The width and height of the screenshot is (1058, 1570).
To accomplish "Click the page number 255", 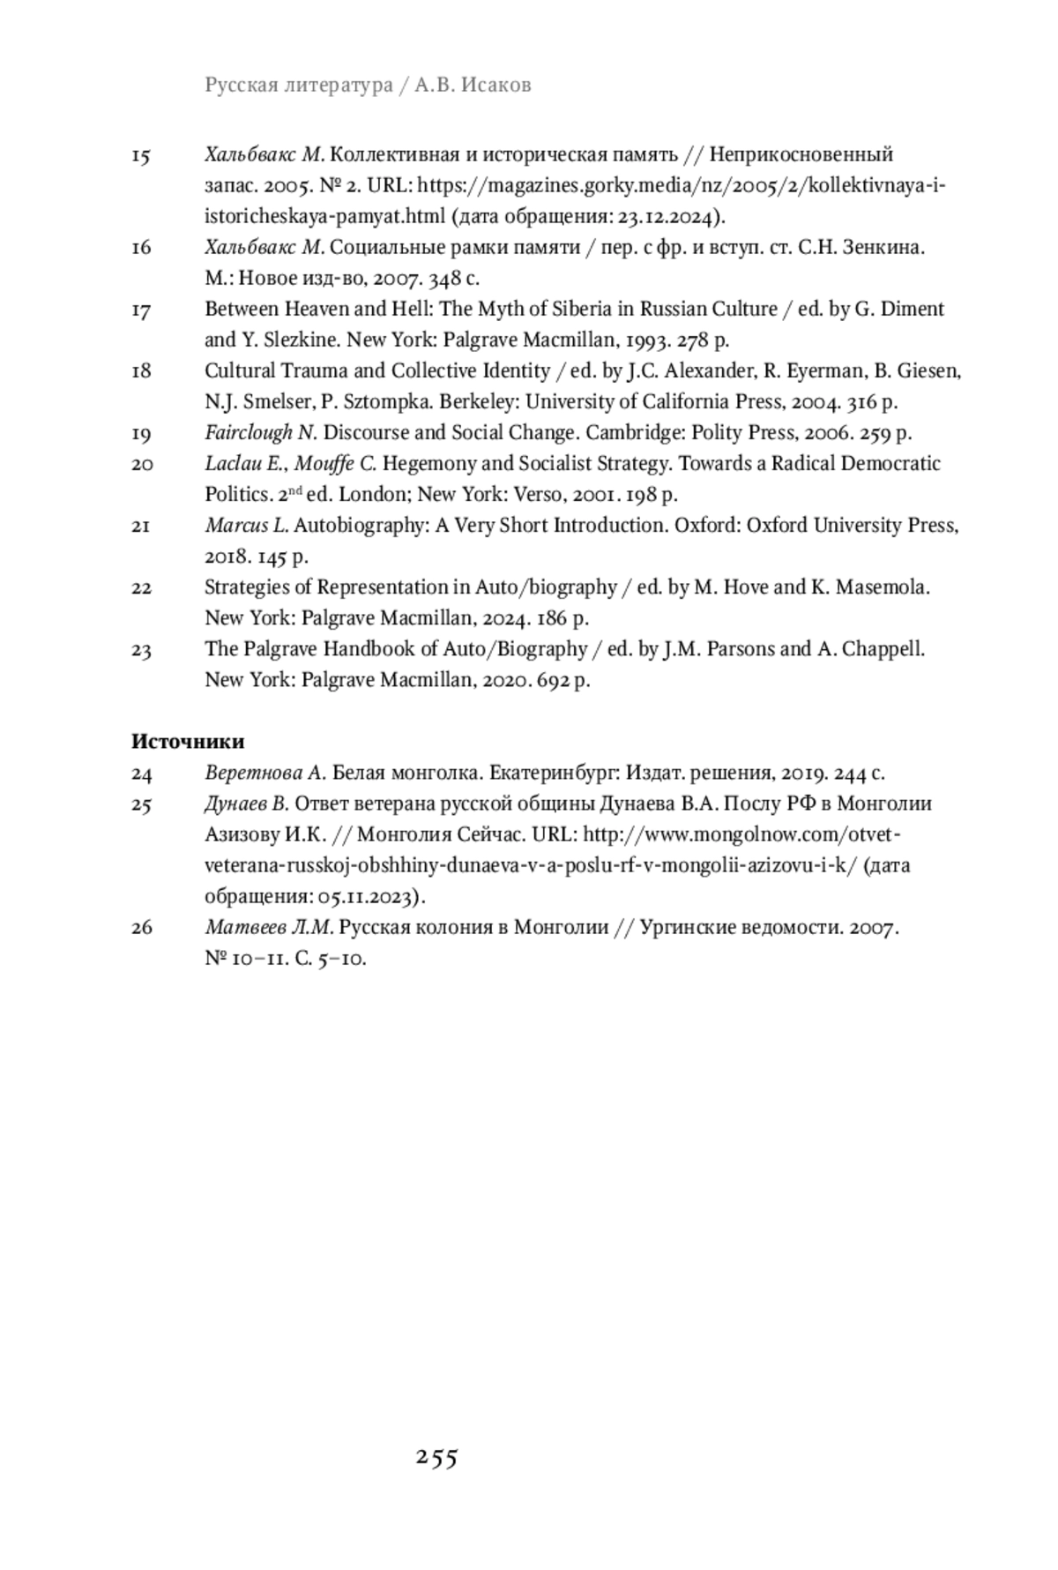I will point(436,1458).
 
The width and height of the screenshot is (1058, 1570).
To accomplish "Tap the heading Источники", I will point(188,742).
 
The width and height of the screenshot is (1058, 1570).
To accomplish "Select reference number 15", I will point(141,156).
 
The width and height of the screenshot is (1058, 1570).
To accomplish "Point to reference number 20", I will point(141,465).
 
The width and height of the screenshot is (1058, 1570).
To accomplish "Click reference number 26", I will point(141,928).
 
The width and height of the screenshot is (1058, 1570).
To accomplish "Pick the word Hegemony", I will point(425,464).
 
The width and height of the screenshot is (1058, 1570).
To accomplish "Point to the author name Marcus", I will point(236,526).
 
